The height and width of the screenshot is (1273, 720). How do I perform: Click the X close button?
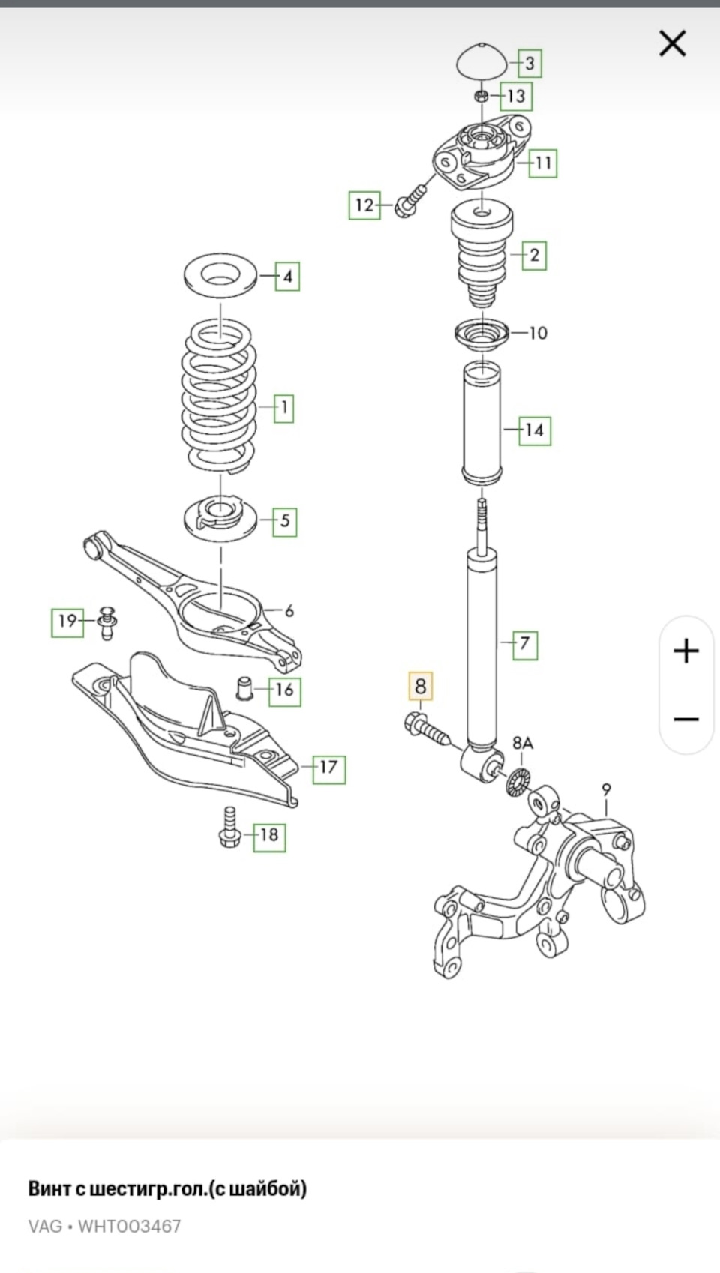(672, 43)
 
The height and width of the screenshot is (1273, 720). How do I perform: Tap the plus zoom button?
(686, 651)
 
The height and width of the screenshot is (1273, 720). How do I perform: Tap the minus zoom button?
(686, 720)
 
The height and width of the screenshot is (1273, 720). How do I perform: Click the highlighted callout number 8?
(420, 686)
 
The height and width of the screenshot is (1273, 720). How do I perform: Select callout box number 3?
(529, 64)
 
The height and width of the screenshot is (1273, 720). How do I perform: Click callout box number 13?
(516, 96)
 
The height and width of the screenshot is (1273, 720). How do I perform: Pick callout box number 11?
(543, 163)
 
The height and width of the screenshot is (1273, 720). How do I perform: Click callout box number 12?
(364, 205)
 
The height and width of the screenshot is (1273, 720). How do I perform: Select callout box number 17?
(328, 767)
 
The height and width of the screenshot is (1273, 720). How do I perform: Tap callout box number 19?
(67, 621)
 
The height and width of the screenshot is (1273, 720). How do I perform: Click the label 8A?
(523, 744)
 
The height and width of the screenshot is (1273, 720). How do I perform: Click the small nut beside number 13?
(483, 96)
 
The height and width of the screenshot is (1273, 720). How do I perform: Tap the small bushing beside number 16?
(245, 687)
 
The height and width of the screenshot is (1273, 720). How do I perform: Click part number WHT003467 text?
(129, 1227)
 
